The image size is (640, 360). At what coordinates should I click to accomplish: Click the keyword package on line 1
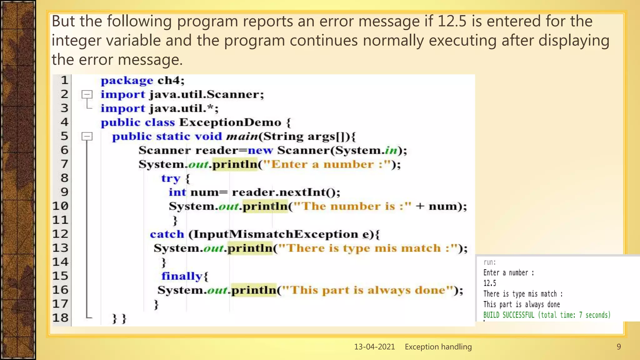127,81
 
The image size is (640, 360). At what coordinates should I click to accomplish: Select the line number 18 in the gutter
60,318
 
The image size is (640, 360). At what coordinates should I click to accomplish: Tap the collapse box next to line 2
87,94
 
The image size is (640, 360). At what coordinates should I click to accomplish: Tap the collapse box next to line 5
87,136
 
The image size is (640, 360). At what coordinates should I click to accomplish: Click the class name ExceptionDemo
230,122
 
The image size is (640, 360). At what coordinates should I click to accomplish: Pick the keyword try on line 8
171,178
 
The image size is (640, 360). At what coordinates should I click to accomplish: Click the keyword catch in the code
167,234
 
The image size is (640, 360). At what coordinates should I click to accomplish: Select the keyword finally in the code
182,276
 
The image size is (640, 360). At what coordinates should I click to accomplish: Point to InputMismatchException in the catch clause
273,234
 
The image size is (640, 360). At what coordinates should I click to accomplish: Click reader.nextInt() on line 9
286,192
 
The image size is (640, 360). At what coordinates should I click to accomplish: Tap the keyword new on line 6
260,150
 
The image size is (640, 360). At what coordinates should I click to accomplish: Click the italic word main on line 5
242,137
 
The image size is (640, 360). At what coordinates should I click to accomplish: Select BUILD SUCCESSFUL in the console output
509,315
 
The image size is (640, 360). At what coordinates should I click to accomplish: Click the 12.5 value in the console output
490,283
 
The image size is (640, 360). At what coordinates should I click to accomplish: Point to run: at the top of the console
489,262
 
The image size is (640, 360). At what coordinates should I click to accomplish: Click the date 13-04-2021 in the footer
374,347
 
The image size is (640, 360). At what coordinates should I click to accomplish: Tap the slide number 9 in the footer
618,347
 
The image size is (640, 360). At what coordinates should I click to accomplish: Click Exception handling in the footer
438,347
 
